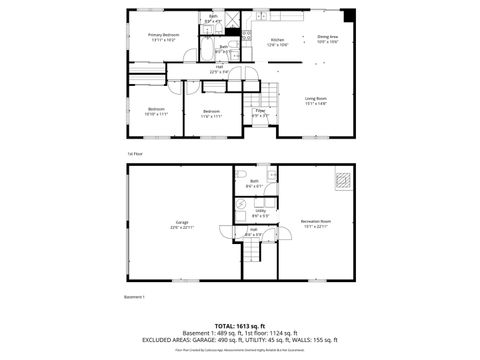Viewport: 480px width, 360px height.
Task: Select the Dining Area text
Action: point(328,39)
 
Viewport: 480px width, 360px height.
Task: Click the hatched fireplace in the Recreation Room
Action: point(343,181)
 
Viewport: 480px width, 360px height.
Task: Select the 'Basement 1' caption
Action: point(135,297)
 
